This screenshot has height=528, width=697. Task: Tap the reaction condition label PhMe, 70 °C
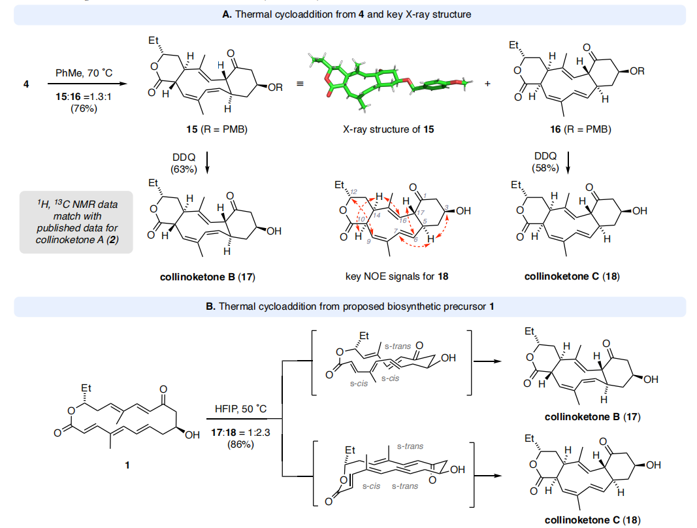(84, 73)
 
